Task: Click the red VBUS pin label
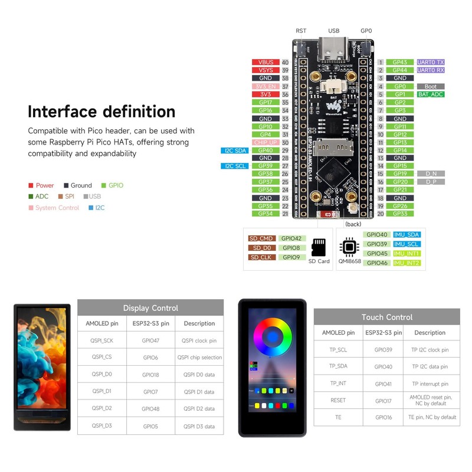[265, 62]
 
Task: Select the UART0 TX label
[431, 62]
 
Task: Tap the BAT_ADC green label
[431, 94]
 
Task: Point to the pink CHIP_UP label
[265, 142]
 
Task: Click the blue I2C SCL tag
[235, 166]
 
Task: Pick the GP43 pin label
[400, 62]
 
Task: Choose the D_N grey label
[431, 174]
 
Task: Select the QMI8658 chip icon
[349, 246]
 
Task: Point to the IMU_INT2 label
[407, 263]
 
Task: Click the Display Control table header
[150, 308]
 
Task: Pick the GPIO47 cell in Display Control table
[150, 340]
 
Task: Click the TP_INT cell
[338, 383]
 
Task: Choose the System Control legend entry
[57, 208]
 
